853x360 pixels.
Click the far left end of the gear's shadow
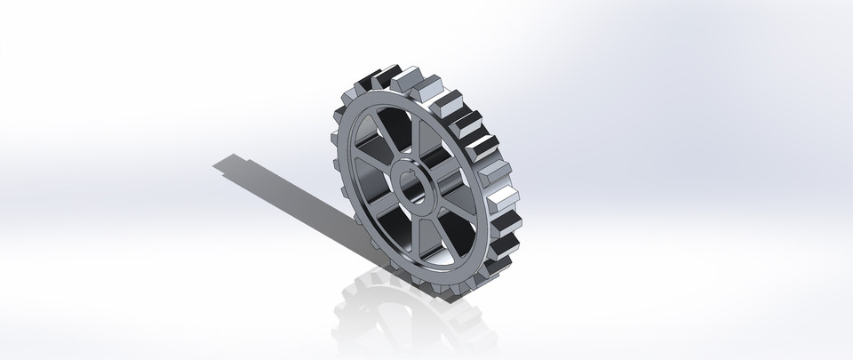[x=217, y=164]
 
